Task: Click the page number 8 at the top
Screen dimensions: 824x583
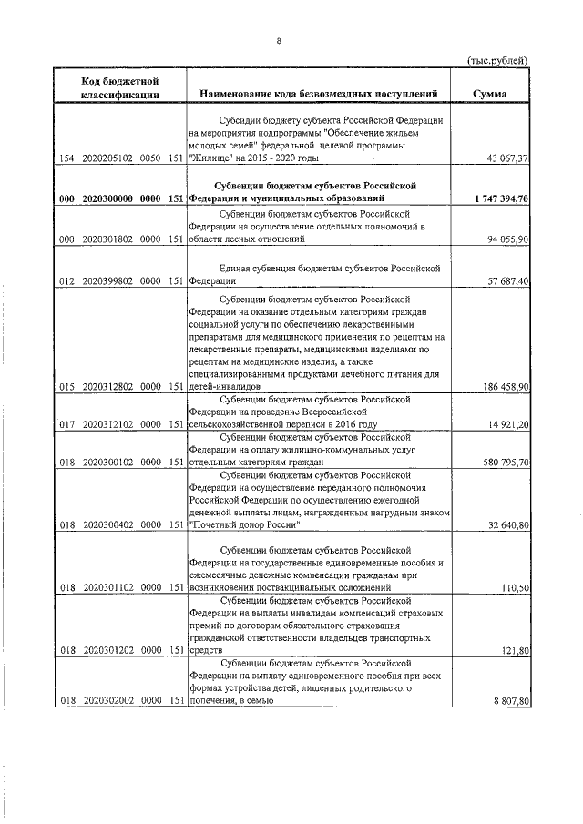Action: coord(280,41)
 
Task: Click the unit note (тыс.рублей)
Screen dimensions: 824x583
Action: coord(496,60)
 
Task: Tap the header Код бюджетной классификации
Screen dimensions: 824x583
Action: coord(120,87)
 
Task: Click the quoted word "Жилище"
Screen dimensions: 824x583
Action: coord(210,158)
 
